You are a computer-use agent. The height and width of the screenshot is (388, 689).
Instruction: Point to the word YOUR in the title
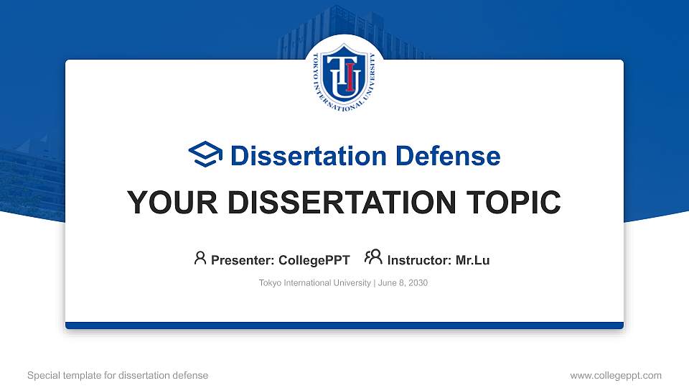165,203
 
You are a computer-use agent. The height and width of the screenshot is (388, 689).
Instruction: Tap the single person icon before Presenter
200,258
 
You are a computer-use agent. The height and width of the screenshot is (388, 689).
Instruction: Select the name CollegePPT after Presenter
314,260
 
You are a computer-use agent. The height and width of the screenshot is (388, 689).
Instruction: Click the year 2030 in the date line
417,283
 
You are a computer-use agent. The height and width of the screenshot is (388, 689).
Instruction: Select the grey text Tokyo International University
315,283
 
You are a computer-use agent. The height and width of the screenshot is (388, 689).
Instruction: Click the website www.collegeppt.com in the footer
615,375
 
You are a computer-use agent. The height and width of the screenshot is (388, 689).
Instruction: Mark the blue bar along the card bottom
344,325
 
